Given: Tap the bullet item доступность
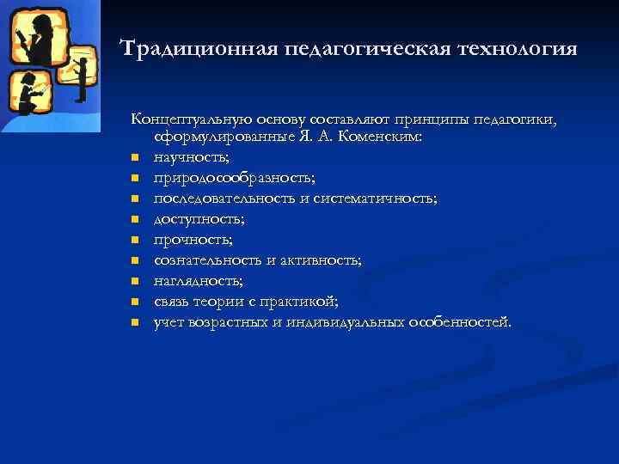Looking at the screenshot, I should (193, 219).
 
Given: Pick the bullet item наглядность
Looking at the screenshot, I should (198, 281).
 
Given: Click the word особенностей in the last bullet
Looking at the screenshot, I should (460, 322).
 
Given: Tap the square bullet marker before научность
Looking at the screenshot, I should (136, 159).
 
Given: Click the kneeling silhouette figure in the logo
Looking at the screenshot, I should (28, 93).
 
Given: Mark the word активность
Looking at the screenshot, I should (323, 260).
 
